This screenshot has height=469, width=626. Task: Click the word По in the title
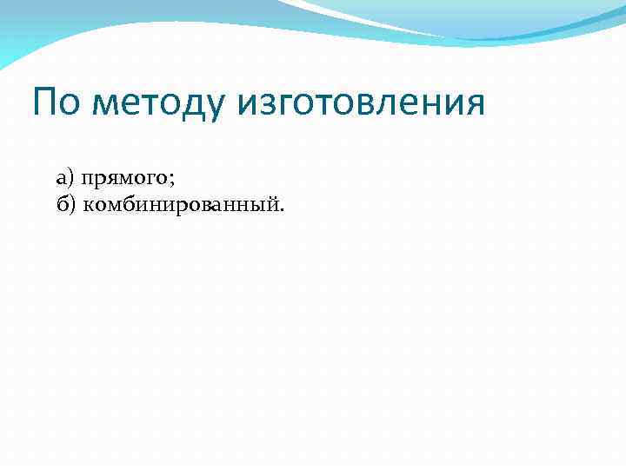[x=57, y=103]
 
